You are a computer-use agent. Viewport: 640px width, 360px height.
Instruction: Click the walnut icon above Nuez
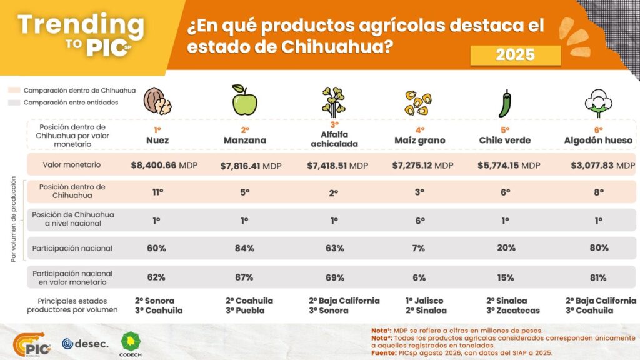point(157,101)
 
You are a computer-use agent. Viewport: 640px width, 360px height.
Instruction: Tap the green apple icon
point(244,100)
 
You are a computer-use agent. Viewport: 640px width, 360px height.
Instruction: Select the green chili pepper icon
point(505,103)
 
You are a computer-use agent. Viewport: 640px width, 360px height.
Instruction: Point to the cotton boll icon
point(598,103)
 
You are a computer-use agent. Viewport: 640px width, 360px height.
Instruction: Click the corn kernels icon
point(418,102)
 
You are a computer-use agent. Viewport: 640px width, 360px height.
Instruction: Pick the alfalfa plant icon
point(334,102)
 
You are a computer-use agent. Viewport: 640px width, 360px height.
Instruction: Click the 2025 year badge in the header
point(516,55)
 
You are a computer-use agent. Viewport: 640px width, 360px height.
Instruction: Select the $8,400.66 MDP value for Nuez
point(164,165)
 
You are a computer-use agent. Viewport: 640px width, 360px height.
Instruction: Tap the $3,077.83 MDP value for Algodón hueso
point(603,165)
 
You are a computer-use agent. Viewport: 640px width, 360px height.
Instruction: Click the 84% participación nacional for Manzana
point(244,248)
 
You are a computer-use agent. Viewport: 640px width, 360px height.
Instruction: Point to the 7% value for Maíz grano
point(418,248)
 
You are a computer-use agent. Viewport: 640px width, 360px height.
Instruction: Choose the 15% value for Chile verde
point(505,277)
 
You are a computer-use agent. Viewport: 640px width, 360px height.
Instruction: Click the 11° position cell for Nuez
point(158,192)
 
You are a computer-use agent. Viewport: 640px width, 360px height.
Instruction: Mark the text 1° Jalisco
point(424,301)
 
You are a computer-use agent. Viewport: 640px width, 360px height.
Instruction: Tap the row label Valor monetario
point(71,164)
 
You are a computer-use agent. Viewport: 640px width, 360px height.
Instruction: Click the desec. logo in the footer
point(85,344)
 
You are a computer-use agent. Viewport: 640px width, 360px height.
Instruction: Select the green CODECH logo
point(131,344)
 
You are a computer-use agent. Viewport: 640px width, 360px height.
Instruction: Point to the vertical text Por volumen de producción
point(14,219)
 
